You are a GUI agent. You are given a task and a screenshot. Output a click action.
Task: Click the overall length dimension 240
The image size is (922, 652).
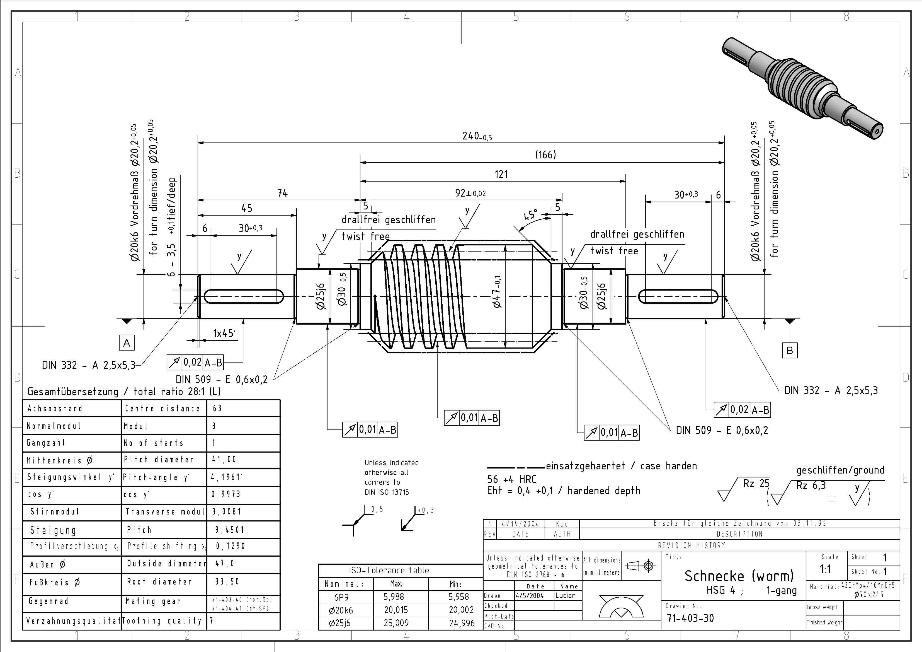point(476,136)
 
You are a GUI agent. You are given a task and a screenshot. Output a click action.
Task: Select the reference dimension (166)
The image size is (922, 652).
point(545,155)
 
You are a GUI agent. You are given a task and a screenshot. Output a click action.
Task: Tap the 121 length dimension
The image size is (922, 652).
point(501,174)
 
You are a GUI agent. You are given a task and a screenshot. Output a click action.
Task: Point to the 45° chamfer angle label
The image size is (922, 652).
point(530,215)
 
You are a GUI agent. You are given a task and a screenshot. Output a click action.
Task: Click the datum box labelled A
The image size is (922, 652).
point(127,343)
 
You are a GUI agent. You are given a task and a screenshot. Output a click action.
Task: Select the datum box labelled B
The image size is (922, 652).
point(790,351)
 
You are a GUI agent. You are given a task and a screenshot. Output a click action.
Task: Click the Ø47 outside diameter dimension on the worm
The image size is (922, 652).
point(497,292)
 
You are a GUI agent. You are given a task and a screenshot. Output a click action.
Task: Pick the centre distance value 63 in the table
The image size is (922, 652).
point(217,409)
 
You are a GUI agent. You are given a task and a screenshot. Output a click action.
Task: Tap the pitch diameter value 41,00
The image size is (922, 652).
point(224,460)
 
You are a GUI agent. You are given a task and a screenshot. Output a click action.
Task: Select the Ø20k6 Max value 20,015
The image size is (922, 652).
point(396,610)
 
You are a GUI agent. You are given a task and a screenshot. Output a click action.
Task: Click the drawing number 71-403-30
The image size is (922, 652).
point(690,618)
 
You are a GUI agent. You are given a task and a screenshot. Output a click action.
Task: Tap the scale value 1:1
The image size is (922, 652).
point(825,569)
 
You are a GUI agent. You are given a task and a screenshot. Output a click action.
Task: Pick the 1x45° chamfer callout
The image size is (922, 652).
point(224,334)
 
